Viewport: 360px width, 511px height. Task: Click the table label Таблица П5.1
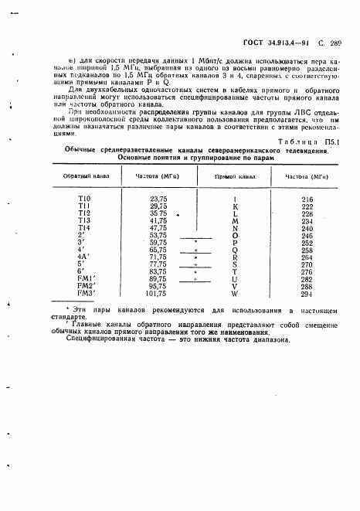coord(320,142)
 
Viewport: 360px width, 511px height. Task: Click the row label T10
coord(83,199)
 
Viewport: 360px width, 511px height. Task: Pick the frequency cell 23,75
coord(158,199)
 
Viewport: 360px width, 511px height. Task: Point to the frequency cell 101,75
coord(157,293)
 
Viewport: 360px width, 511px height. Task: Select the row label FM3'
coord(85,293)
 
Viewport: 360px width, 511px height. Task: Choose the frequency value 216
coord(307,199)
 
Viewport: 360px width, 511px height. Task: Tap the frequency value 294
coord(307,293)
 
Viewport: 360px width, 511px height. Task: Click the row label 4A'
coord(84,257)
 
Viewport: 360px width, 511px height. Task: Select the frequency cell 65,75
coord(158,250)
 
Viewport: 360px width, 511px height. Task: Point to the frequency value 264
coord(307,257)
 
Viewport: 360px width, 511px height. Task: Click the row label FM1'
coord(85,278)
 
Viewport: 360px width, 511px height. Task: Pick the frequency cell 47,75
coord(158,228)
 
